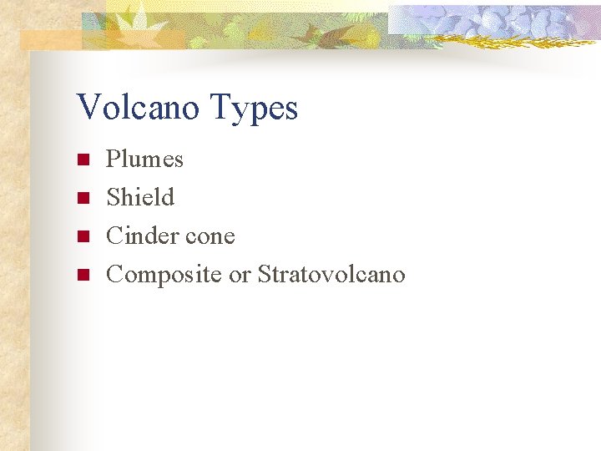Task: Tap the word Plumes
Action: pyautogui.click(x=144, y=159)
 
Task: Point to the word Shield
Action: pyautogui.click(x=140, y=197)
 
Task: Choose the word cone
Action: pyautogui.click(x=210, y=237)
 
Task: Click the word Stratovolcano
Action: pyautogui.click(x=331, y=274)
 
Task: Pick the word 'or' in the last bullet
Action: pyautogui.click(x=240, y=276)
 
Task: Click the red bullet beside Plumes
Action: pyautogui.click(x=82, y=160)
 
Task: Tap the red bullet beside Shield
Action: pyautogui.click(x=82, y=198)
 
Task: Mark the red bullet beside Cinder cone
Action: pyautogui.click(x=82, y=236)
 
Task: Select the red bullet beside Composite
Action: pyautogui.click(x=82, y=275)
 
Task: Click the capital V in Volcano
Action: pyautogui.click(x=87, y=108)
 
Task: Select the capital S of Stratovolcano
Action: pyautogui.click(x=264, y=274)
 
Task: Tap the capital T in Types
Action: pyautogui.click(x=222, y=108)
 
